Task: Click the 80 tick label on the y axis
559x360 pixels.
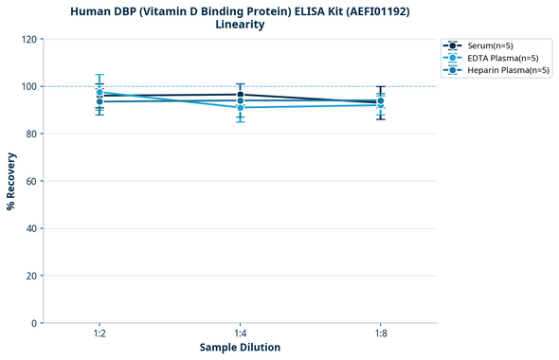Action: pos(28,134)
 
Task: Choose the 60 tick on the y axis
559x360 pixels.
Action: pos(28,181)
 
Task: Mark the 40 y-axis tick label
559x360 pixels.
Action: pos(28,228)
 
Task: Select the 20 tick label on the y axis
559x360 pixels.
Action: pos(28,276)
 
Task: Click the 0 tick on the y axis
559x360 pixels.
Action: pos(32,323)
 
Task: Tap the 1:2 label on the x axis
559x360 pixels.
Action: pos(99,334)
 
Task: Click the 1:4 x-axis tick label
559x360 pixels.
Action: pos(240,334)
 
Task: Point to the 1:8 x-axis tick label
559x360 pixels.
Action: pos(380,334)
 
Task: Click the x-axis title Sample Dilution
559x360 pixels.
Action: pos(240,348)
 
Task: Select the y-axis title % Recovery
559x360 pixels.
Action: pos(10,180)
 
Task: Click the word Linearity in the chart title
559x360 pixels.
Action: pos(240,25)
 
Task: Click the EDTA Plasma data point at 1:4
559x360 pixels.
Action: pos(240,108)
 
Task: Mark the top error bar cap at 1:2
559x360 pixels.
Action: pos(99,75)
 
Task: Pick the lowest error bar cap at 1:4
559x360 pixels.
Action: pos(240,121)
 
